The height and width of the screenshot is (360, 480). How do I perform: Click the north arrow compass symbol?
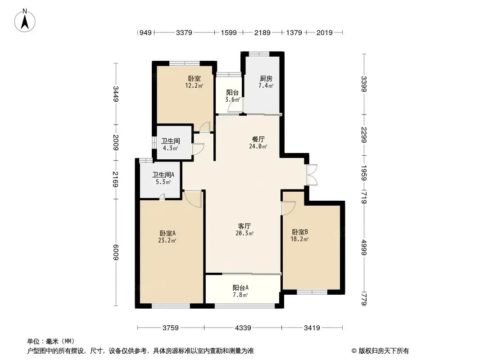click(25, 21)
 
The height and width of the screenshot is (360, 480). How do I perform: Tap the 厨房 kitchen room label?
click(266, 79)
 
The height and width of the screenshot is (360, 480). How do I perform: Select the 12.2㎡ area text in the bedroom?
click(194, 85)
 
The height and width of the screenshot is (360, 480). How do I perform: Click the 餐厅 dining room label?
click(258, 139)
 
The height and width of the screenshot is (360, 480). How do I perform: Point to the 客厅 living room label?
click(245, 226)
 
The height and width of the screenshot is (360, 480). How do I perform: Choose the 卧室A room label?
click(167, 234)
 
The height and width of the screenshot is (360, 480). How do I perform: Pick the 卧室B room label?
click(300, 232)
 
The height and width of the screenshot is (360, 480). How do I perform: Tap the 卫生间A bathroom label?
click(163, 175)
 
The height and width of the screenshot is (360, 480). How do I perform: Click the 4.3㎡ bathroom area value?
click(170, 148)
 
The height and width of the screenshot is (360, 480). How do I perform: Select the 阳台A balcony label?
click(240, 288)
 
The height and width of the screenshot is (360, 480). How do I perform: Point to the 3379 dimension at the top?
click(184, 32)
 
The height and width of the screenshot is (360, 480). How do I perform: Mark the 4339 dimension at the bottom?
click(243, 328)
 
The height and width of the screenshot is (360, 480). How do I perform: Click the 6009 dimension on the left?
click(116, 252)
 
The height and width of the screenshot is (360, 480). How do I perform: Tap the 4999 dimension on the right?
click(364, 247)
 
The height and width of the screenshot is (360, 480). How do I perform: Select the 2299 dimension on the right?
click(364, 135)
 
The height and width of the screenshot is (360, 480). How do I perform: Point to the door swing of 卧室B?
click(289, 208)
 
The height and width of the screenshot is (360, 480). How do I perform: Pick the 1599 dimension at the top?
click(229, 32)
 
